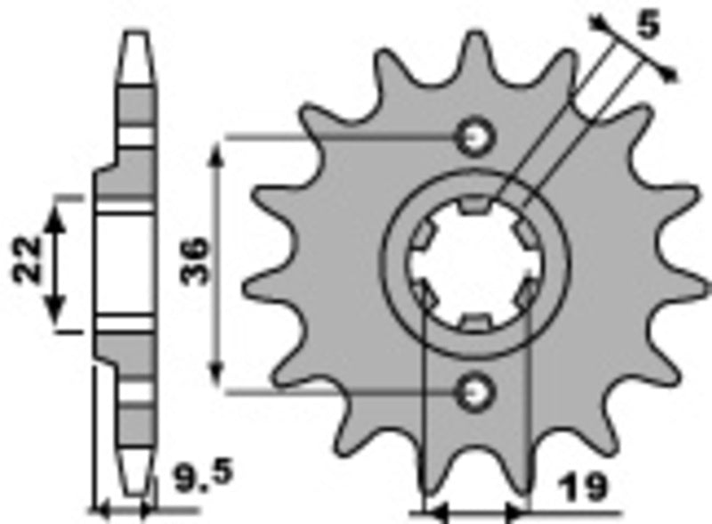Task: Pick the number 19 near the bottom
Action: pyautogui.click(x=585, y=488)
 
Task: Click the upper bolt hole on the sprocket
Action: pyautogui.click(x=473, y=136)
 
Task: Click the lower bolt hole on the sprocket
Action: pyautogui.click(x=473, y=389)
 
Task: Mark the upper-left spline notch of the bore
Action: pyautogui.click(x=421, y=234)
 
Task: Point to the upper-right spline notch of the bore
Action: pyautogui.click(x=524, y=234)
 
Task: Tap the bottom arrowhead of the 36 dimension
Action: pyautogui.click(x=216, y=373)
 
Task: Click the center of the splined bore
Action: pyautogui.click(x=473, y=264)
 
